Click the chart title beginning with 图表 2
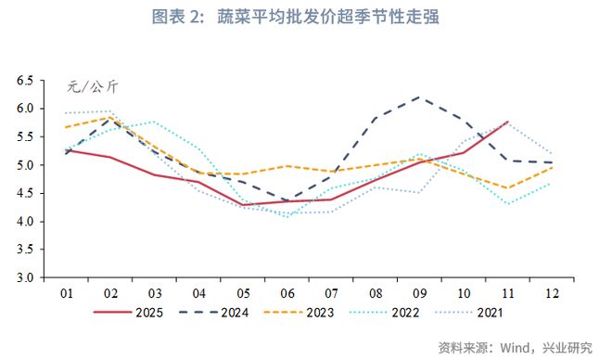[x=306, y=17]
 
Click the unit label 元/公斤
[x=93, y=87]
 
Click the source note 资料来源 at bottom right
[x=515, y=347]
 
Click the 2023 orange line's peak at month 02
[x=111, y=117]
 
